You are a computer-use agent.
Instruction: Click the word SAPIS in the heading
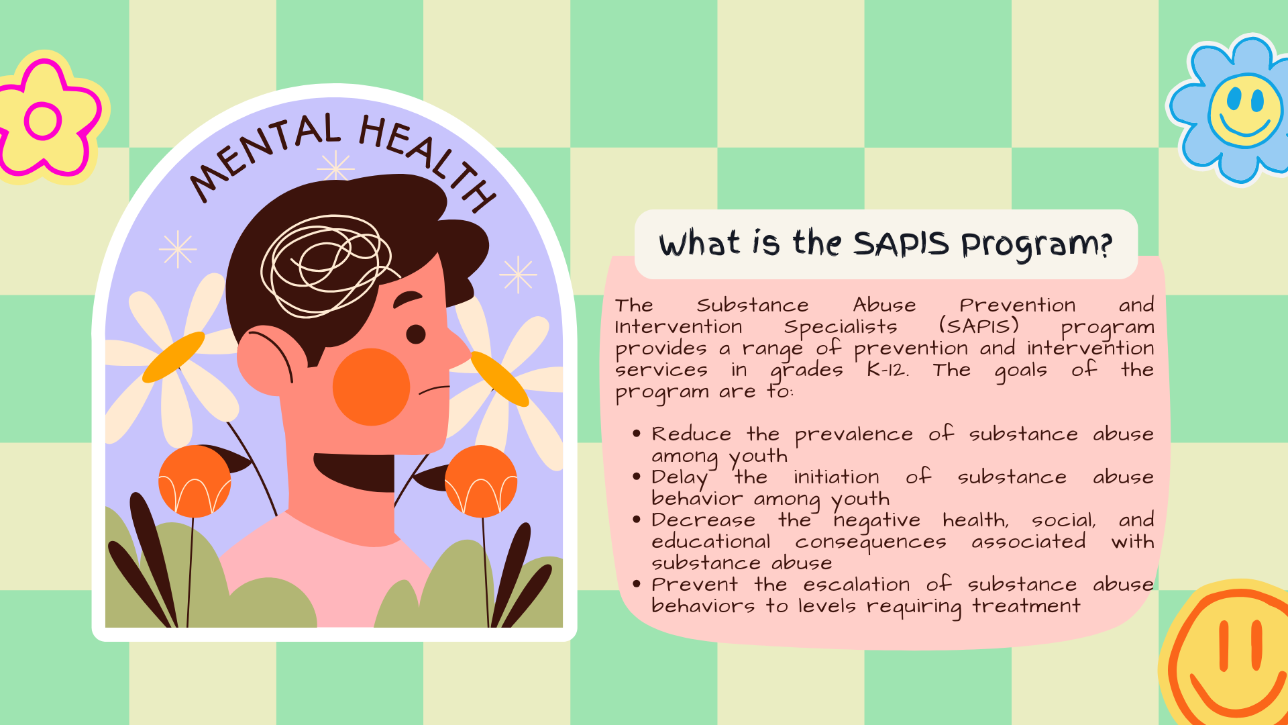tap(901, 244)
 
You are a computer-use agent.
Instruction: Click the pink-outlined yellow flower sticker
tap(47, 117)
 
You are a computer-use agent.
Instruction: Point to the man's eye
tap(416, 334)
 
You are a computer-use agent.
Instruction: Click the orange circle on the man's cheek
tap(371, 387)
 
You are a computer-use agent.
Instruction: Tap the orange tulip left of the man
tap(195, 481)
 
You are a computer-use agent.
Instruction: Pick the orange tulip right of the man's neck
tap(481, 481)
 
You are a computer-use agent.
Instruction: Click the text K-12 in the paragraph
tap(887, 370)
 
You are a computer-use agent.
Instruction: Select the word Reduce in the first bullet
tap(691, 434)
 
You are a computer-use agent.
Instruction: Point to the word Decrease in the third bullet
tap(703, 520)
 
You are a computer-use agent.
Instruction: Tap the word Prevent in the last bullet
tap(694, 585)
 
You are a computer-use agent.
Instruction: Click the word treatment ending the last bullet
tap(1026, 606)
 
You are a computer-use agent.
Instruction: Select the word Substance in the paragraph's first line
tap(753, 305)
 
